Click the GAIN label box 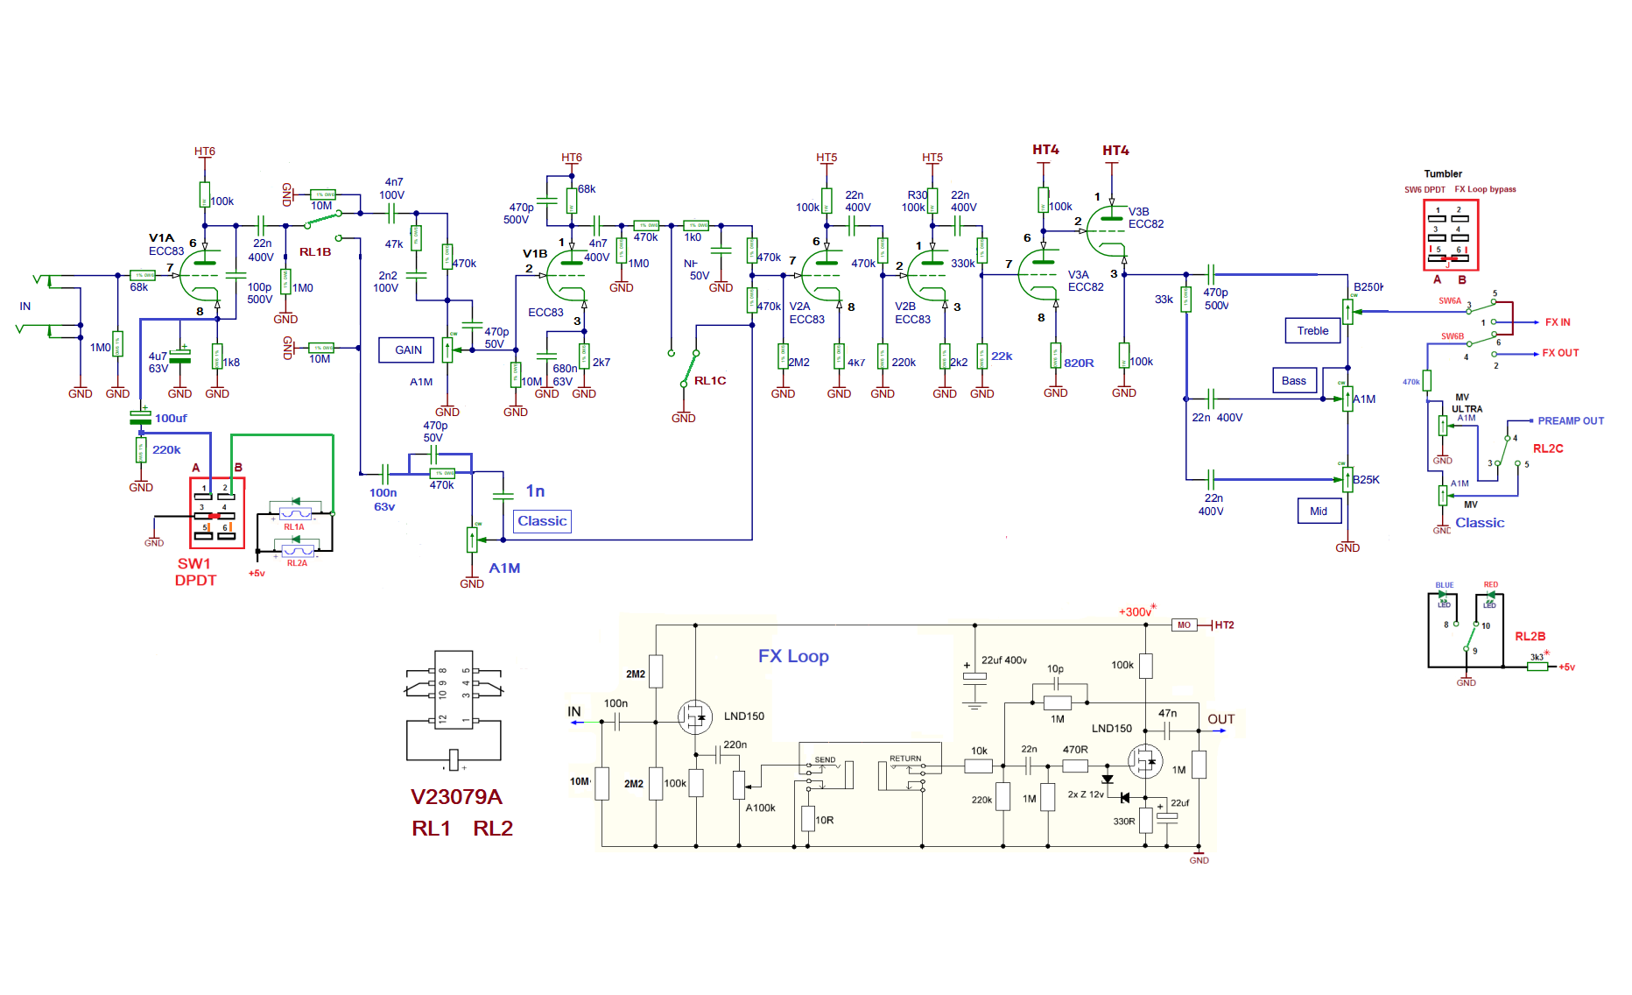click(408, 349)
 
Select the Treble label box click(1312, 330)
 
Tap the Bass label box click(1293, 380)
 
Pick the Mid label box click(1319, 511)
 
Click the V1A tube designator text click(161, 237)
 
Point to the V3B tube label click(1138, 211)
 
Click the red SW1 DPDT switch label click(195, 571)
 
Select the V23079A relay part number click(456, 796)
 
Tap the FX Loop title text click(793, 656)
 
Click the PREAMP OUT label click(1571, 420)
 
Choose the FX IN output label click(1558, 322)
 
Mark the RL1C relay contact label click(710, 381)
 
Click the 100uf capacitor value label click(171, 419)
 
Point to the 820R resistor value click(1079, 363)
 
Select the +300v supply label click(1136, 612)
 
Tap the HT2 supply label click(1224, 625)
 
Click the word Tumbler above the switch click(1442, 173)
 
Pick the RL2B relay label click(1530, 636)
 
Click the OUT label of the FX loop click(1220, 719)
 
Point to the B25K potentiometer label click(1366, 479)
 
